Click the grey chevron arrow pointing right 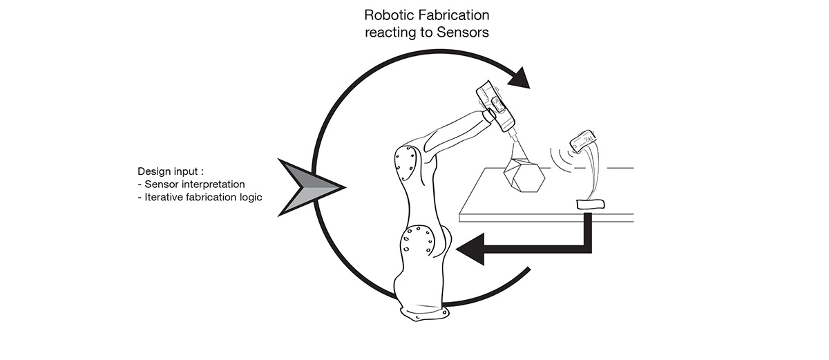pos(308,187)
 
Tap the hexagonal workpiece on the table pos(526,175)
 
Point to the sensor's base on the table pos(589,203)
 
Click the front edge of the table pos(546,220)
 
